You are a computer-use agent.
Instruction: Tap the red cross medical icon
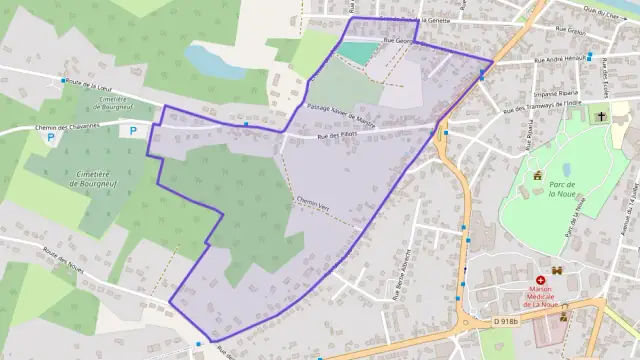541,281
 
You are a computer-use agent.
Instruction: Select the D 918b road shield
507,320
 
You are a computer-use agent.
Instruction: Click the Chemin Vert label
313,202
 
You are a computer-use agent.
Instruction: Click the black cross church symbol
600,117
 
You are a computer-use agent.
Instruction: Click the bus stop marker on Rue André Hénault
590,56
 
